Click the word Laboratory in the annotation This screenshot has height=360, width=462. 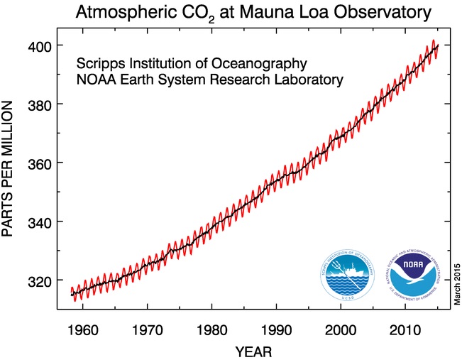(x=312, y=80)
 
